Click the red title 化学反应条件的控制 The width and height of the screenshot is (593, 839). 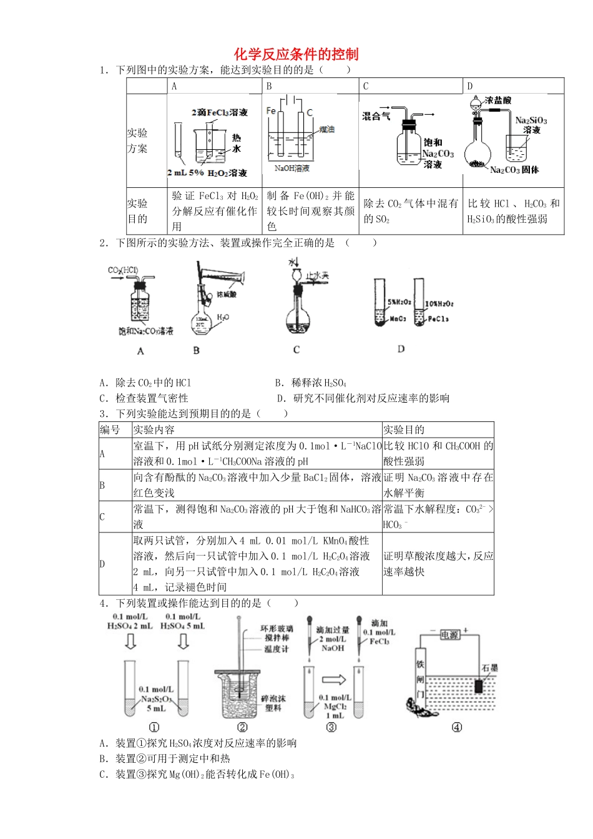point(296,54)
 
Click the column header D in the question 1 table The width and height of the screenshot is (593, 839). point(470,86)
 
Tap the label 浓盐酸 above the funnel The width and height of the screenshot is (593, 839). point(498,100)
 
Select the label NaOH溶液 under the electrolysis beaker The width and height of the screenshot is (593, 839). point(292,169)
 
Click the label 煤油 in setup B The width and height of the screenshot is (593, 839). point(327,129)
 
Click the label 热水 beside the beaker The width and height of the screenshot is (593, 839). point(237,143)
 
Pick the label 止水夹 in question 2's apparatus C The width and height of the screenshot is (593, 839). point(318,275)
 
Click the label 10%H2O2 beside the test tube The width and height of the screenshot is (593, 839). point(439,303)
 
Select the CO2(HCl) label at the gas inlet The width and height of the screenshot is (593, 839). point(123,270)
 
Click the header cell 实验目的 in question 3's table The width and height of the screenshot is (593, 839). point(404,429)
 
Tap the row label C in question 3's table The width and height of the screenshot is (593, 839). point(102,517)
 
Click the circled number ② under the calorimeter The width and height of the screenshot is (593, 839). point(242,727)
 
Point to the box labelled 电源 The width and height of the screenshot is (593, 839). point(449,634)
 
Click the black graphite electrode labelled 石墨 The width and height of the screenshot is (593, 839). point(479,685)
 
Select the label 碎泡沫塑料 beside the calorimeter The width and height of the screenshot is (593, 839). point(273,703)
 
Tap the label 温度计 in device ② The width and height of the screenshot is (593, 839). point(276,649)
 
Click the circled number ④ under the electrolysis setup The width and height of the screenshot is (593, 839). point(457,727)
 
